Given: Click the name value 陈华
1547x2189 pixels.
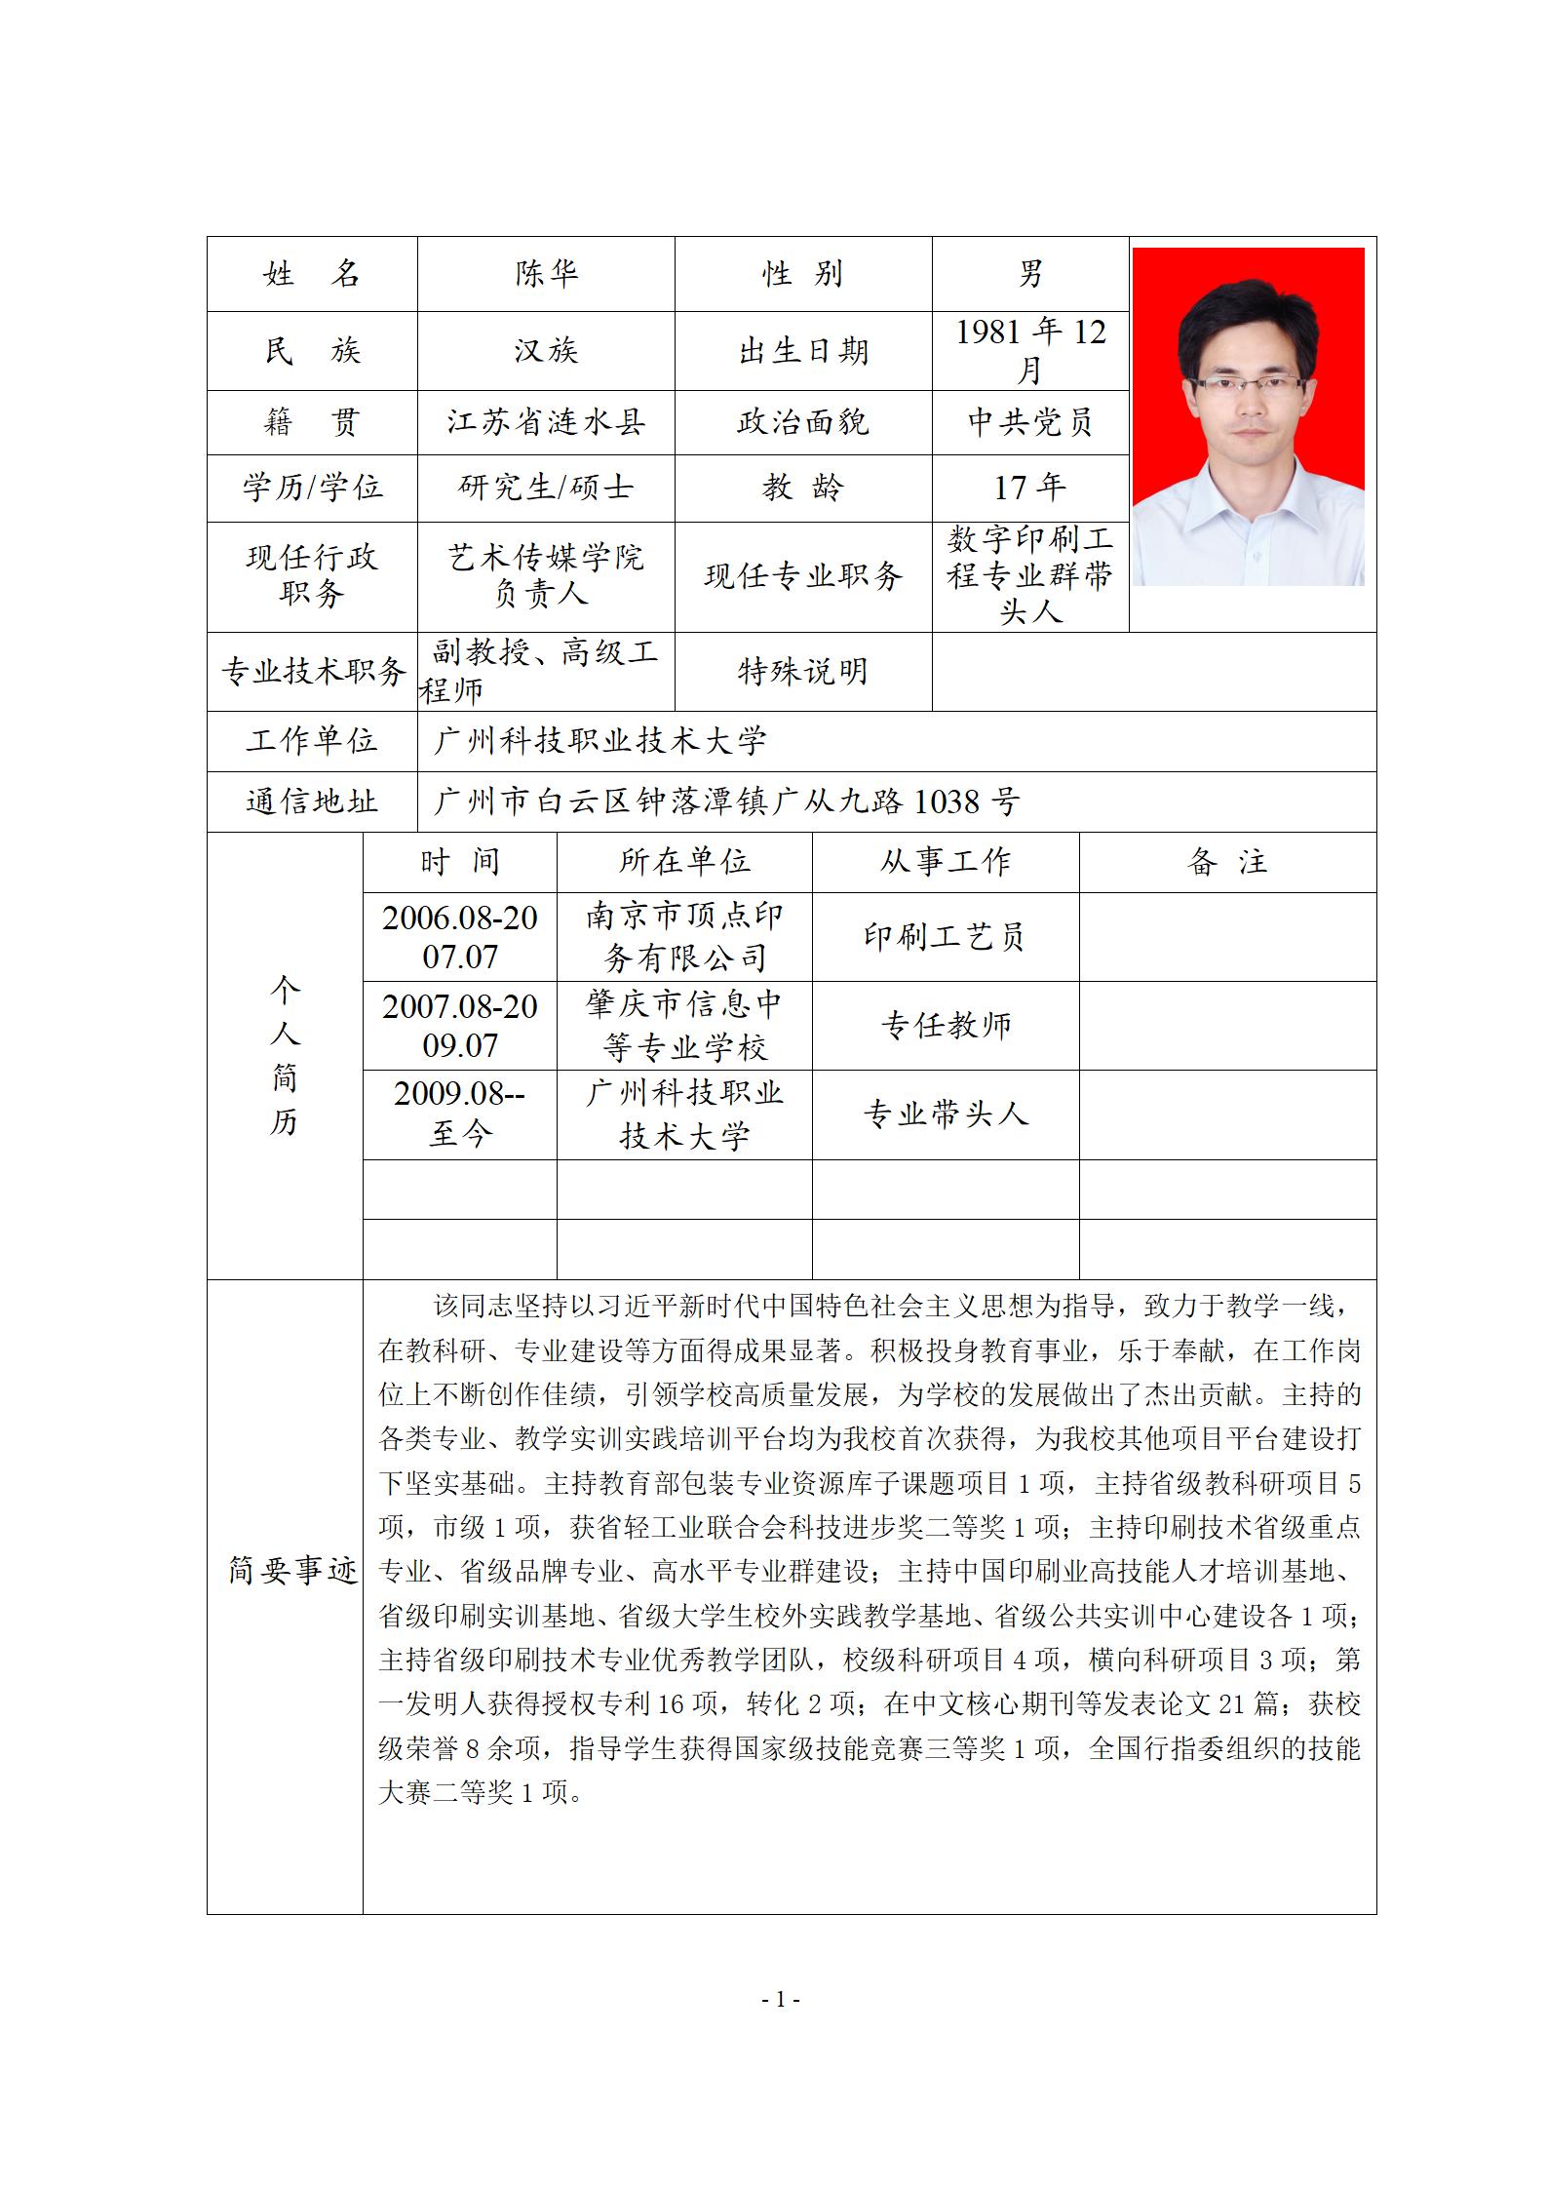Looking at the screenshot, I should (x=546, y=274).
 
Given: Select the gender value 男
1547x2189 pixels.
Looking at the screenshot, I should (x=1030, y=274).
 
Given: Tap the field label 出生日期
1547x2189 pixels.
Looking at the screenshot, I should (x=803, y=351).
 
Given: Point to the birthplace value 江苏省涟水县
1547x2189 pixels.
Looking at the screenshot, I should (x=546, y=422).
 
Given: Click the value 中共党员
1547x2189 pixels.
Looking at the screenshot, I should (x=1030, y=422).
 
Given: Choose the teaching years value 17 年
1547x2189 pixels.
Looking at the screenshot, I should (x=1030, y=487).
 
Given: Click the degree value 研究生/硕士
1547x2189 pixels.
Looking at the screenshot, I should (x=546, y=487).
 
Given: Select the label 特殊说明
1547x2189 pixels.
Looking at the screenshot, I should (x=803, y=671).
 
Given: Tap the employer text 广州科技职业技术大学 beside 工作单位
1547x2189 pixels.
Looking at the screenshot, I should (x=600, y=741).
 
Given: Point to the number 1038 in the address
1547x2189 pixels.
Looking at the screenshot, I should (x=947, y=801).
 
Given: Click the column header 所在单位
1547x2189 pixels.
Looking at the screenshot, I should (x=684, y=862).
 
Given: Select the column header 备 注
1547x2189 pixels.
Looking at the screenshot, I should (x=1227, y=862).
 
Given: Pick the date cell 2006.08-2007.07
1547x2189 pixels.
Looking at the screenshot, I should (x=460, y=936).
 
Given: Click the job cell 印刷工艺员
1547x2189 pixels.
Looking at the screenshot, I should (x=945, y=936).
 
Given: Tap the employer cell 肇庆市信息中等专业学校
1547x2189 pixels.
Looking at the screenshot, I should (x=684, y=1026).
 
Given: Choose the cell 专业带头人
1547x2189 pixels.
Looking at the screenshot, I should (x=945, y=1114).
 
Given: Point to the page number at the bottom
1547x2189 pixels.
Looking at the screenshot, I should (x=780, y=1999).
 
